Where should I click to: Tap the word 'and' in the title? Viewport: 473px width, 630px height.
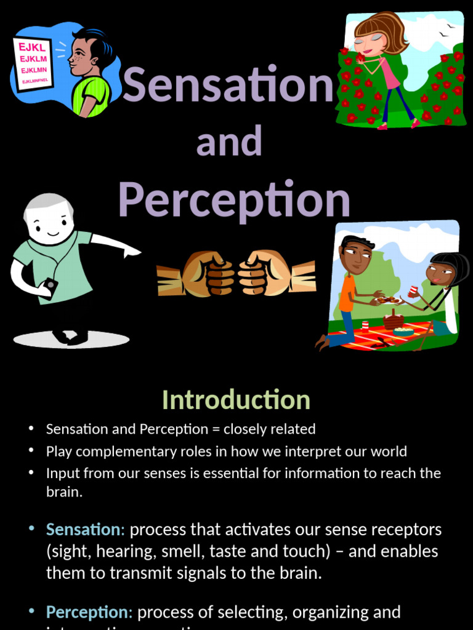point(229,142)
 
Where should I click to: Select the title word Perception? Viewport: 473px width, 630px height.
point(234,200)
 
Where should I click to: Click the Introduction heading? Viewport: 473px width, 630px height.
point(236,400)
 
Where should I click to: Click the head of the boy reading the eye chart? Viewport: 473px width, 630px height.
point(86,52)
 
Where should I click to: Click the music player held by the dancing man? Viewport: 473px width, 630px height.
point(49,285)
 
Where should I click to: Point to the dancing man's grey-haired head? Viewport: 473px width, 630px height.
point(49,218)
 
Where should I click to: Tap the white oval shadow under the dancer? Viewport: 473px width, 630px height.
point(71,339)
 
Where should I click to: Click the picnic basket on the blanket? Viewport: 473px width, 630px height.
point(393,320)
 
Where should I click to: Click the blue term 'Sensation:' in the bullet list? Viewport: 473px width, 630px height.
point(86,529)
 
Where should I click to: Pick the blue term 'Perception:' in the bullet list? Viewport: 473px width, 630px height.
point(89,612)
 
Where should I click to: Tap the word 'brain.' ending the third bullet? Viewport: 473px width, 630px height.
point(64,492)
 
